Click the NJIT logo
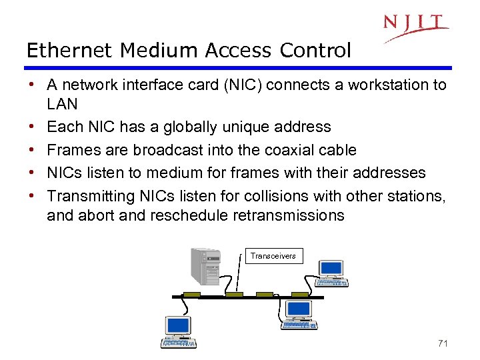tap(415, 27)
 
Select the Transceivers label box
tap(273, 255)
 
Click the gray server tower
tap(205, 267)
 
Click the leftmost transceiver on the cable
tap(192, 295)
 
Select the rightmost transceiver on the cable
tap(300, 295)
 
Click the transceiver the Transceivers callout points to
tap(234, 295)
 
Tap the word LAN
tap(62, 104)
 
